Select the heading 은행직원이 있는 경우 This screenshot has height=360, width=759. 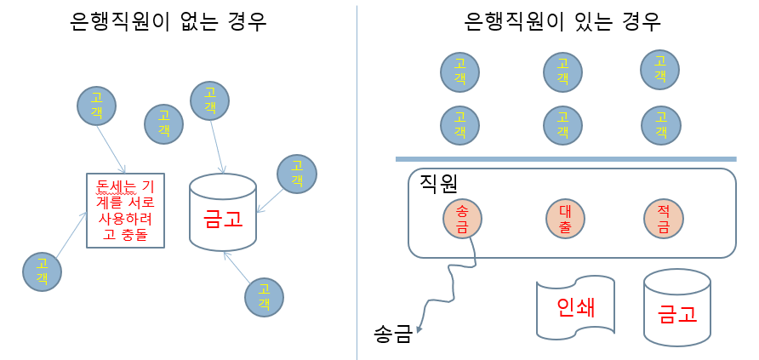[563, 21]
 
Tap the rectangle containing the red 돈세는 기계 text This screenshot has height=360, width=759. [126, 210]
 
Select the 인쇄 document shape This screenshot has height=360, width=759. [574, 308]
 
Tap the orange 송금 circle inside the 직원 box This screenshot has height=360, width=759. [463, 220]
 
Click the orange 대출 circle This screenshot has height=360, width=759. [563, 220]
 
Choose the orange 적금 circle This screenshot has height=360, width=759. [664, 220]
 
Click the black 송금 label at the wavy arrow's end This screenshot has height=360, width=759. [393, 333]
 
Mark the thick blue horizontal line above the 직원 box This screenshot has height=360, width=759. [565, 159]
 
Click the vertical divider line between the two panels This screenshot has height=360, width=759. [357, 180]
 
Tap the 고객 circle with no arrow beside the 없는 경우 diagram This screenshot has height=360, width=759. [164, 125]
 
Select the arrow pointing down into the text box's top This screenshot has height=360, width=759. [111, 146]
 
